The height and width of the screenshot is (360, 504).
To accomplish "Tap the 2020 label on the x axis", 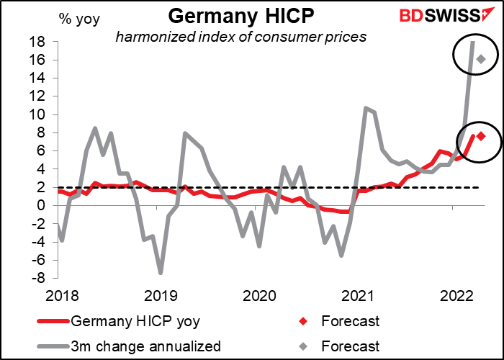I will point(259,294).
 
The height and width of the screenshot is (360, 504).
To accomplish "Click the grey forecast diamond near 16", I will point(481,59).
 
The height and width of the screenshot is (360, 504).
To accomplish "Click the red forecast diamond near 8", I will point(481,136).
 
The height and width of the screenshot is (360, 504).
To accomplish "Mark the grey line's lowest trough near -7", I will point(161,272).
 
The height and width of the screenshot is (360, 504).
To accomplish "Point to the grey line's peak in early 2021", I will point(366,108).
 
